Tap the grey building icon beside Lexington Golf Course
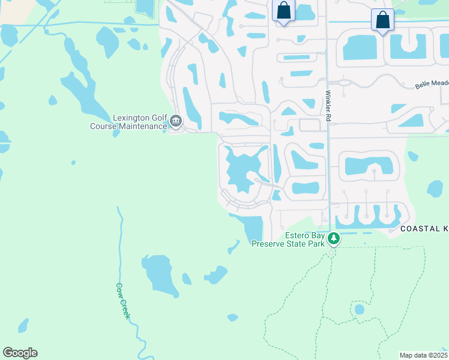pos(176,122)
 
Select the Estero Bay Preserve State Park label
pos(288,239)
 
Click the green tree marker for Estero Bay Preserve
pos(334,239)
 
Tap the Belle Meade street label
pos(431,84)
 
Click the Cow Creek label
pos(122,301)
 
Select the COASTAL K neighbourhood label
pos(424,229)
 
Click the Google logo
pos(20,353)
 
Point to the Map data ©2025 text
pos(423,355)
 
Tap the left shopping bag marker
pos(283,11)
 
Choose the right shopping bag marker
pos(382,20)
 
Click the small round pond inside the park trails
pos(359,310)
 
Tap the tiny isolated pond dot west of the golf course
pos(73,162)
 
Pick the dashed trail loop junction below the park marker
pos(331,253)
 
